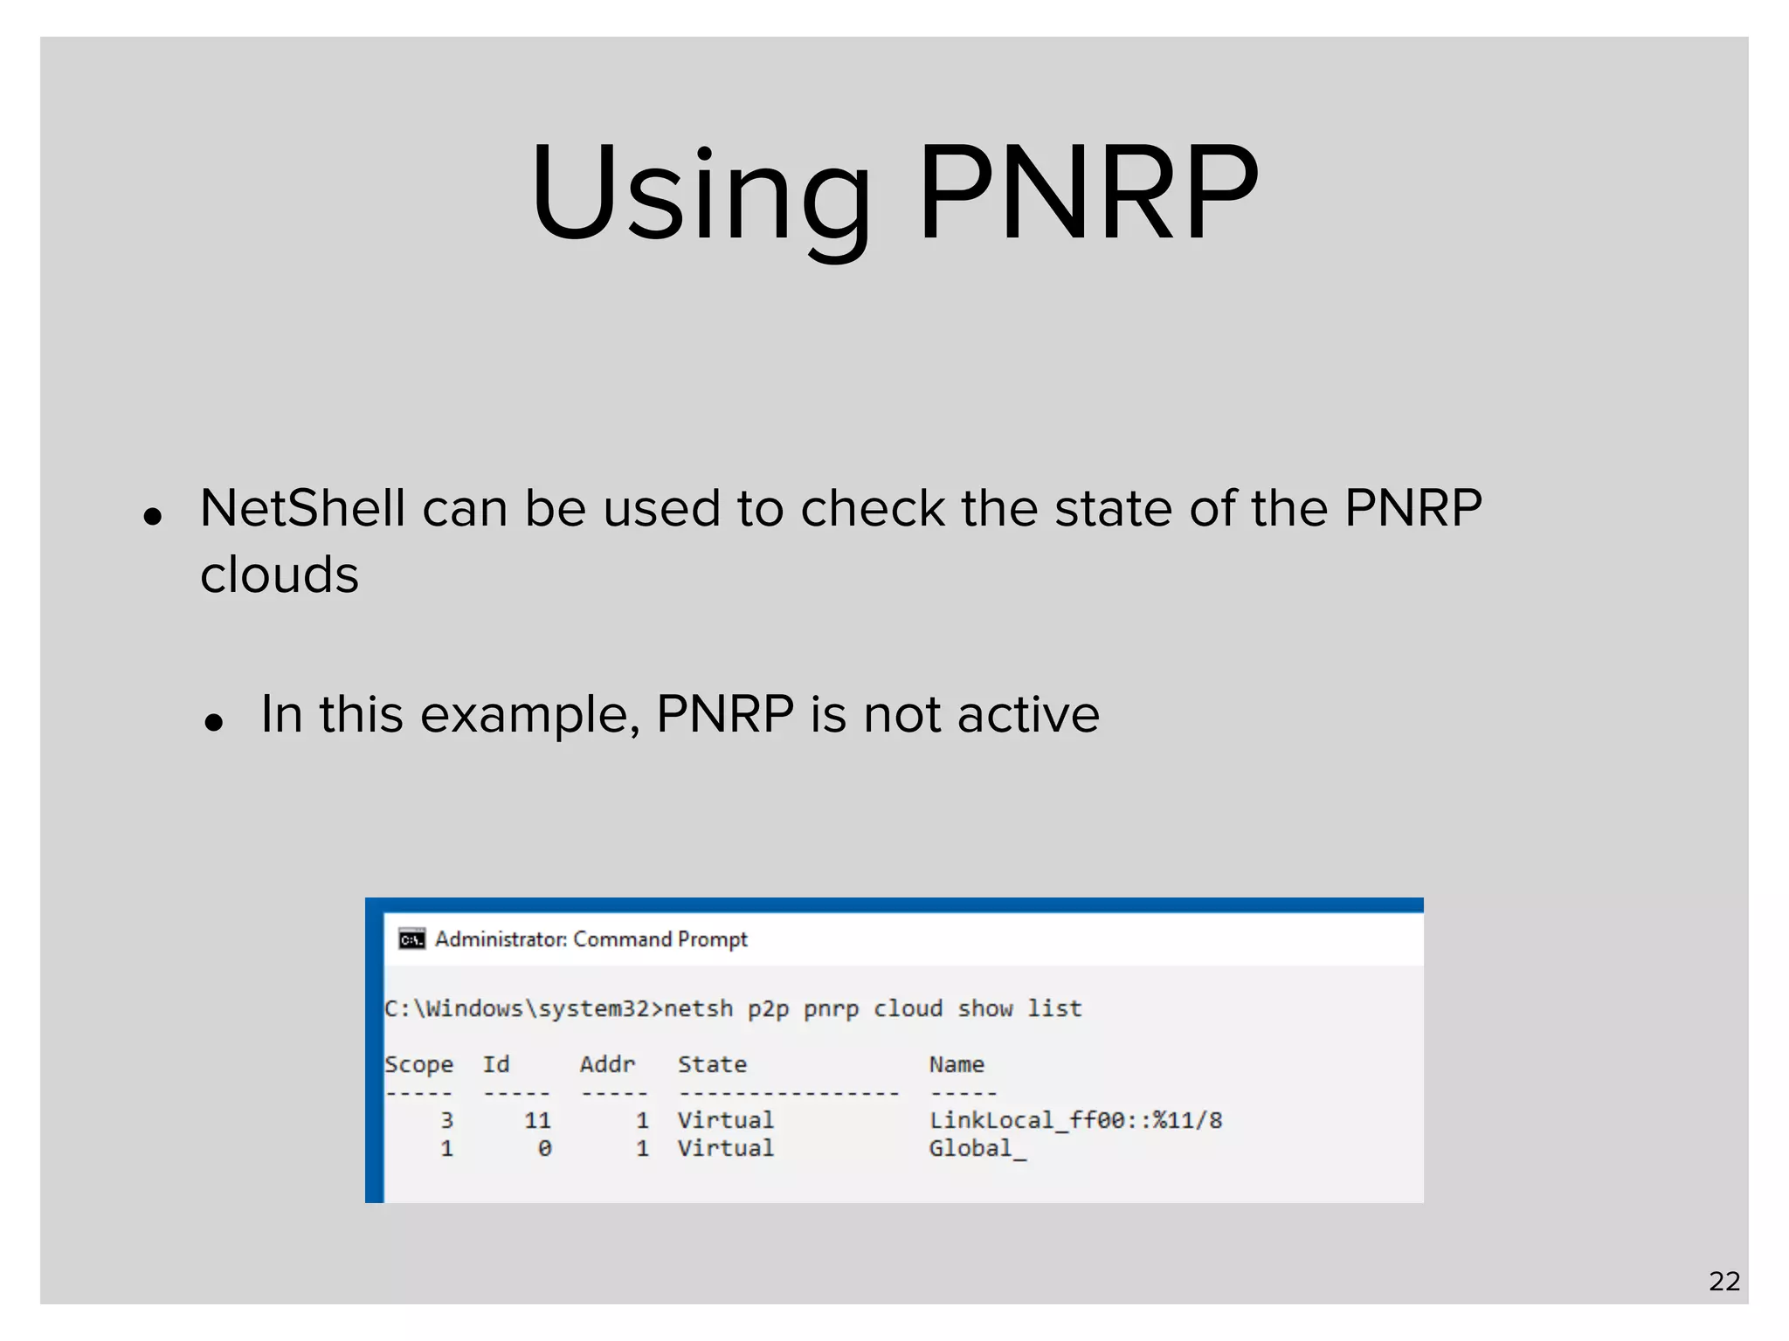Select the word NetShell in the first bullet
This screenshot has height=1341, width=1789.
point(302,508)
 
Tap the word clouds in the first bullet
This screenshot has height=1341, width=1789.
point(280,574)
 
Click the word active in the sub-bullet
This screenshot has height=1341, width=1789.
point(1028,715)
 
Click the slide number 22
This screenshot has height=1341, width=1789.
point(1724,1282)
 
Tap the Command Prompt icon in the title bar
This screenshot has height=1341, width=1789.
point(411,939)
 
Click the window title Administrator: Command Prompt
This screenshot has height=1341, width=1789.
point(591,939)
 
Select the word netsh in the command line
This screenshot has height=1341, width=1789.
point(698,1009)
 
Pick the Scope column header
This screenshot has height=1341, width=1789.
point(419,1065)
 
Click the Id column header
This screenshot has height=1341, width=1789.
point(496,1065)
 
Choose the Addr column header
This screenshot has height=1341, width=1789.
point(607,1065)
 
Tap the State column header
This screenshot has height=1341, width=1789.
point(712,1065)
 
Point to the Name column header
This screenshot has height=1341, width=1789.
point(957,1065)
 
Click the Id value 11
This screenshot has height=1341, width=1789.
point(537,1121)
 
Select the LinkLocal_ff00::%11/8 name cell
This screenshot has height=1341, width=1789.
point(1075,1121)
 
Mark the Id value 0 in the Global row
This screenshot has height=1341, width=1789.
point(544,1149)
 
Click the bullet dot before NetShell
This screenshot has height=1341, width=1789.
point(154,517)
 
